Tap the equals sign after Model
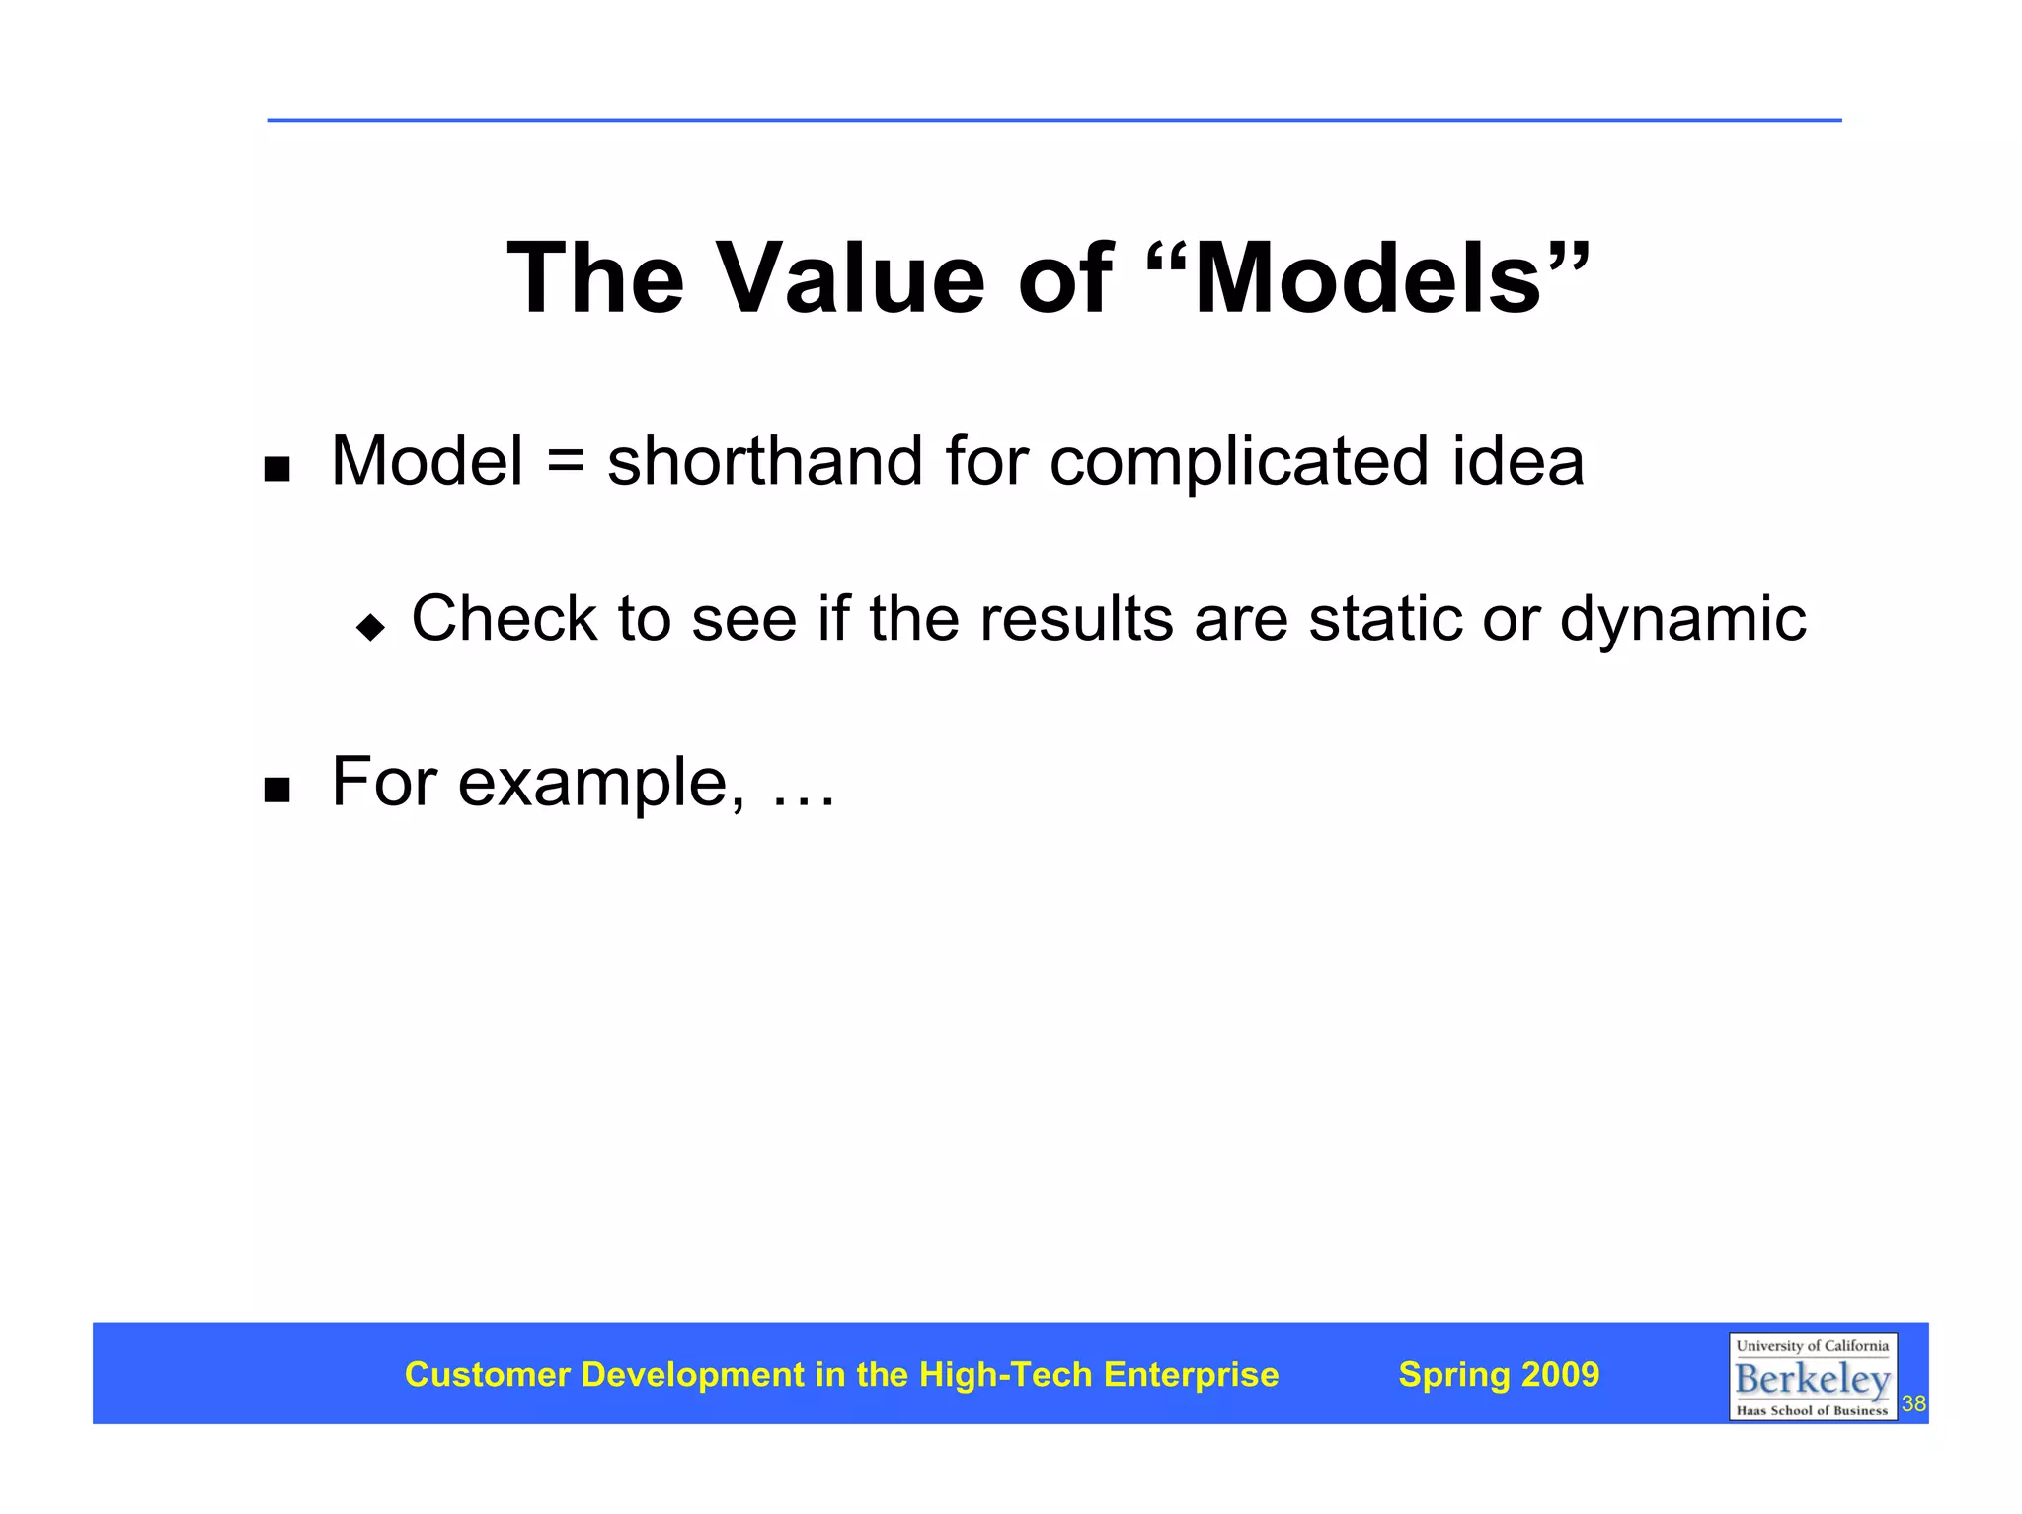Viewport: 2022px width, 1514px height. pyautogui.click(x=565, y=462)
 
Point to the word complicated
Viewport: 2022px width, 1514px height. pyautogui.click(x=1238, y=462)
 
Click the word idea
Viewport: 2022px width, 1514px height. pyautogui.click(x=1517, y=462)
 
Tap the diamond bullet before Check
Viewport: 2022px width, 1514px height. pyautogui.click(x=371, y=627)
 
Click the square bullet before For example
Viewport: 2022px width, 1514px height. pyautogui.click(x=277, y=790)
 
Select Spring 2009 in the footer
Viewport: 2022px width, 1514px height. pyautogui.click(x=1498, y=1374)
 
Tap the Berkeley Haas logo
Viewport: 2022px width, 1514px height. pyautogui.click(x=1812, y=1376)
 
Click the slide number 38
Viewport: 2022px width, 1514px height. pyautogui.click(x=1913, y=1403)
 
